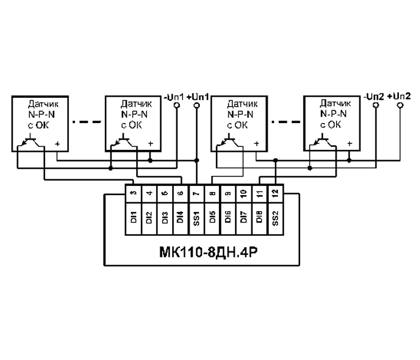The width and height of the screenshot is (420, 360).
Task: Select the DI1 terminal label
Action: point(133,214)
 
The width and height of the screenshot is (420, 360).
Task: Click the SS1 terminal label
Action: point(197,214)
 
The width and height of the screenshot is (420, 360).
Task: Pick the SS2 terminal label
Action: point(275,214)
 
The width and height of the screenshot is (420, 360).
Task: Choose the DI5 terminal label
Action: point(212,214)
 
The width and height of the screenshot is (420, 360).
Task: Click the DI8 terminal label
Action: point(259,214)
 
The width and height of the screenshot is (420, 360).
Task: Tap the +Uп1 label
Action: point(197,96)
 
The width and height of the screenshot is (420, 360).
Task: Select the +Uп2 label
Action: point(399,96)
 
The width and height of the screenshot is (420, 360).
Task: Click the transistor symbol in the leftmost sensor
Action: point(26,142)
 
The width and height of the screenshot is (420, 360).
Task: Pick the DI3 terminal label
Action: point(164,214)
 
